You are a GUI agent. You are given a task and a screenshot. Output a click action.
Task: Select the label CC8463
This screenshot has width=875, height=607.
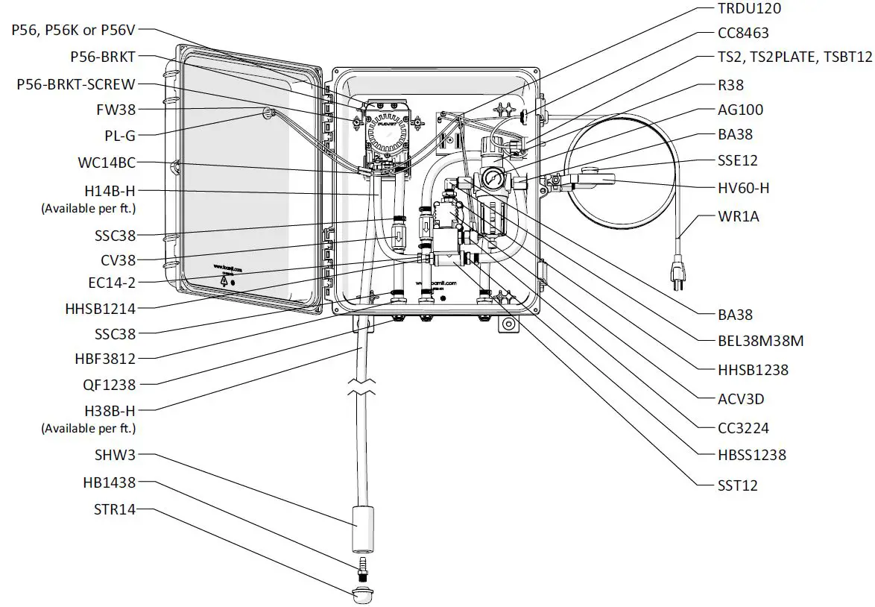point(743,34)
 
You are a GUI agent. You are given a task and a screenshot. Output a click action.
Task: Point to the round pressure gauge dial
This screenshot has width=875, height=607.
point(490,180)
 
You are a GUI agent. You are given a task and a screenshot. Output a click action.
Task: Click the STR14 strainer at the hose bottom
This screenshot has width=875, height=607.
point(363,596)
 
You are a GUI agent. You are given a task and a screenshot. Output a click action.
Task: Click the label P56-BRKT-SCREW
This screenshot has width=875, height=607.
point(76,85)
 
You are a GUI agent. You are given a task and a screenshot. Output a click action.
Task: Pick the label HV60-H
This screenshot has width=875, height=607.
point(743,189)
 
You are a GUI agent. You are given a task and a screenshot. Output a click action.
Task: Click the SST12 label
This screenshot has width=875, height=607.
point(738,485)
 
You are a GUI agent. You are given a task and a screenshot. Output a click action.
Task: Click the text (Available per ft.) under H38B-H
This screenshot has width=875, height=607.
point(89,428)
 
